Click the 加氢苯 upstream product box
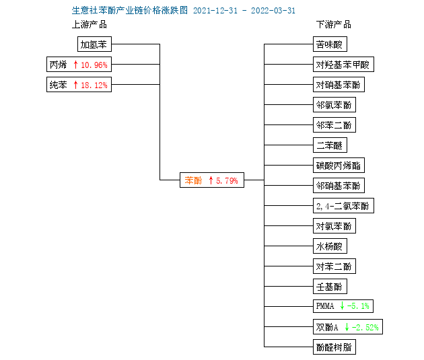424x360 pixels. pos(94,44)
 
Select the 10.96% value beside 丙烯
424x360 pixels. pos(94,65)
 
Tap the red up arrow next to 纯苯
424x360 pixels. pos(75,85)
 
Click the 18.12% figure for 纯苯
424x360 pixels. pos(94,85)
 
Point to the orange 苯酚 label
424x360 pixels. pos(193,180)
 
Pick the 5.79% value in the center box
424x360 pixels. pos(227,180)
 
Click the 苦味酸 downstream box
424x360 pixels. pos(330,44)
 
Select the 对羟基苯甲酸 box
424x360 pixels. pos(343,65)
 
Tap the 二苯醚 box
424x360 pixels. pos(330,145)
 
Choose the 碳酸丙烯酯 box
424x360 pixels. pos(339,165)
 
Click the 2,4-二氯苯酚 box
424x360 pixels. pos(343,206)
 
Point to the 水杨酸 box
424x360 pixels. pos(330,246)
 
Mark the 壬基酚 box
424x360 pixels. pos(330,286)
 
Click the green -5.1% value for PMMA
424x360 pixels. pos(358,306)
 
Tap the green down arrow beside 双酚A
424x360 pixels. pos(347,327)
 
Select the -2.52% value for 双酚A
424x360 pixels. pos(365,327)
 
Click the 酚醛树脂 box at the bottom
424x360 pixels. pos(334,347)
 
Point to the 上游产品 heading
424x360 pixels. pos(90,25)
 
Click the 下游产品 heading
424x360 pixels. pos(334,25)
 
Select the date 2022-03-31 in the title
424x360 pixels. pos(273,11)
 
